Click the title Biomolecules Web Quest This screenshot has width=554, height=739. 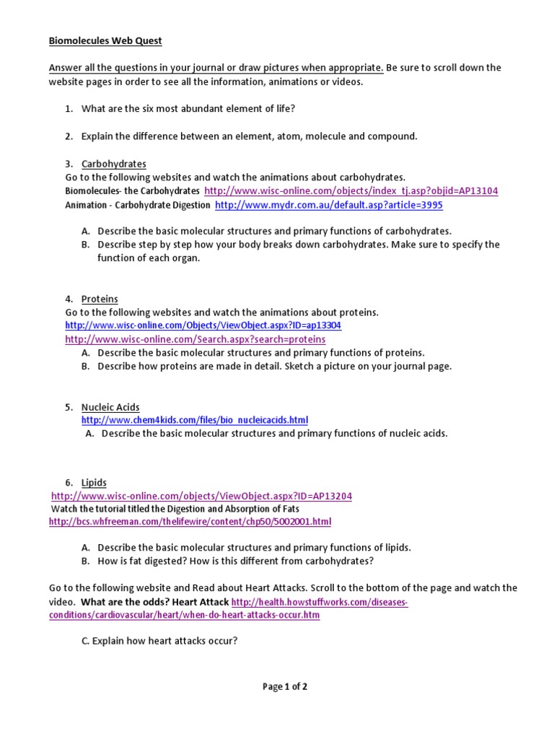(110, 41)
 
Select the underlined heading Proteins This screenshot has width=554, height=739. (100, 299)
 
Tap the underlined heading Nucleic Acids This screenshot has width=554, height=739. (110, 407)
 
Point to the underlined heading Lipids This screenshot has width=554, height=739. (94, 482)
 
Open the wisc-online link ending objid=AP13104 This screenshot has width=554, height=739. (351, 191)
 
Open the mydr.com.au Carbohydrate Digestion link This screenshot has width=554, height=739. (329, 205)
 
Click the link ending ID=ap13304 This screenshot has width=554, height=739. (203, 325)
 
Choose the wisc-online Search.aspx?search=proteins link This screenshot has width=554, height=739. (195, 339)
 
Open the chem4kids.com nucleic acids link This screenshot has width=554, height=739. (195, 420)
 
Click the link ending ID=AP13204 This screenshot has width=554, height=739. (202, 497)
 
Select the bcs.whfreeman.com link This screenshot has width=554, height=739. (190, 521)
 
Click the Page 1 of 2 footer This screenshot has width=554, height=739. (285, 687)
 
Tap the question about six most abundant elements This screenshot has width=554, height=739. (188, 108)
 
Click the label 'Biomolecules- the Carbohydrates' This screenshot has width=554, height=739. (132, 191)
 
